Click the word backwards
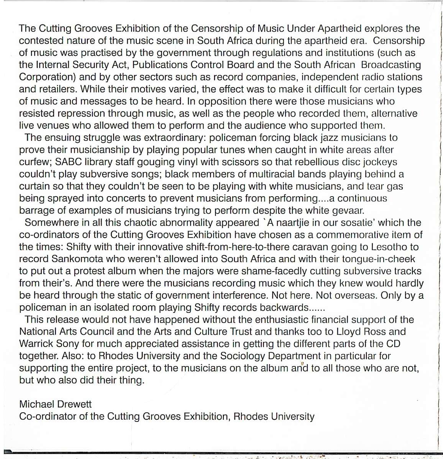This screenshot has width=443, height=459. point(283,308)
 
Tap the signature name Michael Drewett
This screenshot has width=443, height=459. point(56,404)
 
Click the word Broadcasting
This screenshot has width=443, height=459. point(391,65)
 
